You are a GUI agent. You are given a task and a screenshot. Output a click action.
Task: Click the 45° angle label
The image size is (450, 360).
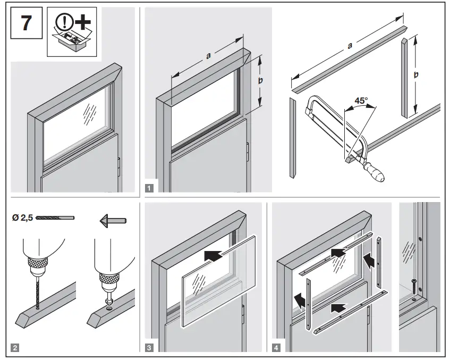[361, 101]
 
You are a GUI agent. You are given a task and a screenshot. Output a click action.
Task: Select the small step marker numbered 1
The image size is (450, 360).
[150, 187]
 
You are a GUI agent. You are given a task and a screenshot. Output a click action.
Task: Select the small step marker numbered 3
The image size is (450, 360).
[150, 348]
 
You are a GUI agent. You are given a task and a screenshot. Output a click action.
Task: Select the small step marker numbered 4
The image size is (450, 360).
[276, 348]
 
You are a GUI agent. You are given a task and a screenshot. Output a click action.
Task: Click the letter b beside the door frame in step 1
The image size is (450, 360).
[260, 80]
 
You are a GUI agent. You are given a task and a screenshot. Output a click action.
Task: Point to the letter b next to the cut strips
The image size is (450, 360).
[416, 75]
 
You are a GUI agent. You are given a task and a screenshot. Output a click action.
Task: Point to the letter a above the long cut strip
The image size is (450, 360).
[350, 46]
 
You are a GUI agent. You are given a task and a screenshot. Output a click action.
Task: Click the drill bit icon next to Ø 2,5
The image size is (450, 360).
[56, 217]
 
